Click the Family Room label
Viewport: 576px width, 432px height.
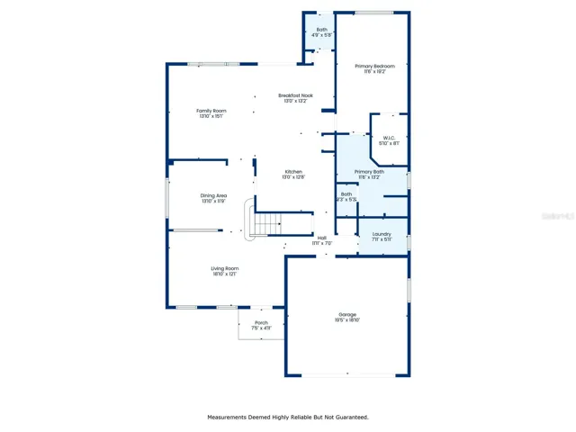(211, 111)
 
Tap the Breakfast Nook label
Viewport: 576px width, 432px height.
(295, 95)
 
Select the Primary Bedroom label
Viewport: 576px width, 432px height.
(373, 66)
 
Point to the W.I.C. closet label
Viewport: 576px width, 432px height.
(390, 138)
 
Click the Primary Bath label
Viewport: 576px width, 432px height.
(369, 171)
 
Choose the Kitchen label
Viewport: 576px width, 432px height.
(294, 172)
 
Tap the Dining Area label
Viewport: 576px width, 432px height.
(213, 195)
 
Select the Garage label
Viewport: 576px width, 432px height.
(347, 314)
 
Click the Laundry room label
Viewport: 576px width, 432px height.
(382, 234)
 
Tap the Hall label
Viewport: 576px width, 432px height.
(322, 238)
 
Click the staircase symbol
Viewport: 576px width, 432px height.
(268, 221)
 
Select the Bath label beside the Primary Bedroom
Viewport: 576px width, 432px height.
(322, 30)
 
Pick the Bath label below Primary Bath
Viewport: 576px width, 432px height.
(346, 194)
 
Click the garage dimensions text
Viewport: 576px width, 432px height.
(347, 320)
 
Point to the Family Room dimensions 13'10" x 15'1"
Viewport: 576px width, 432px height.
(211, 116)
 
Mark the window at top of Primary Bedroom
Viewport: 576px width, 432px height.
(373, 13)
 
